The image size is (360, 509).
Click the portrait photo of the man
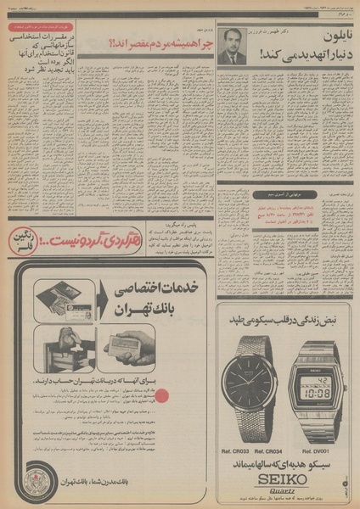coord(230,48)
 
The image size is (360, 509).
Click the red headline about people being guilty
coord(142,43)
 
